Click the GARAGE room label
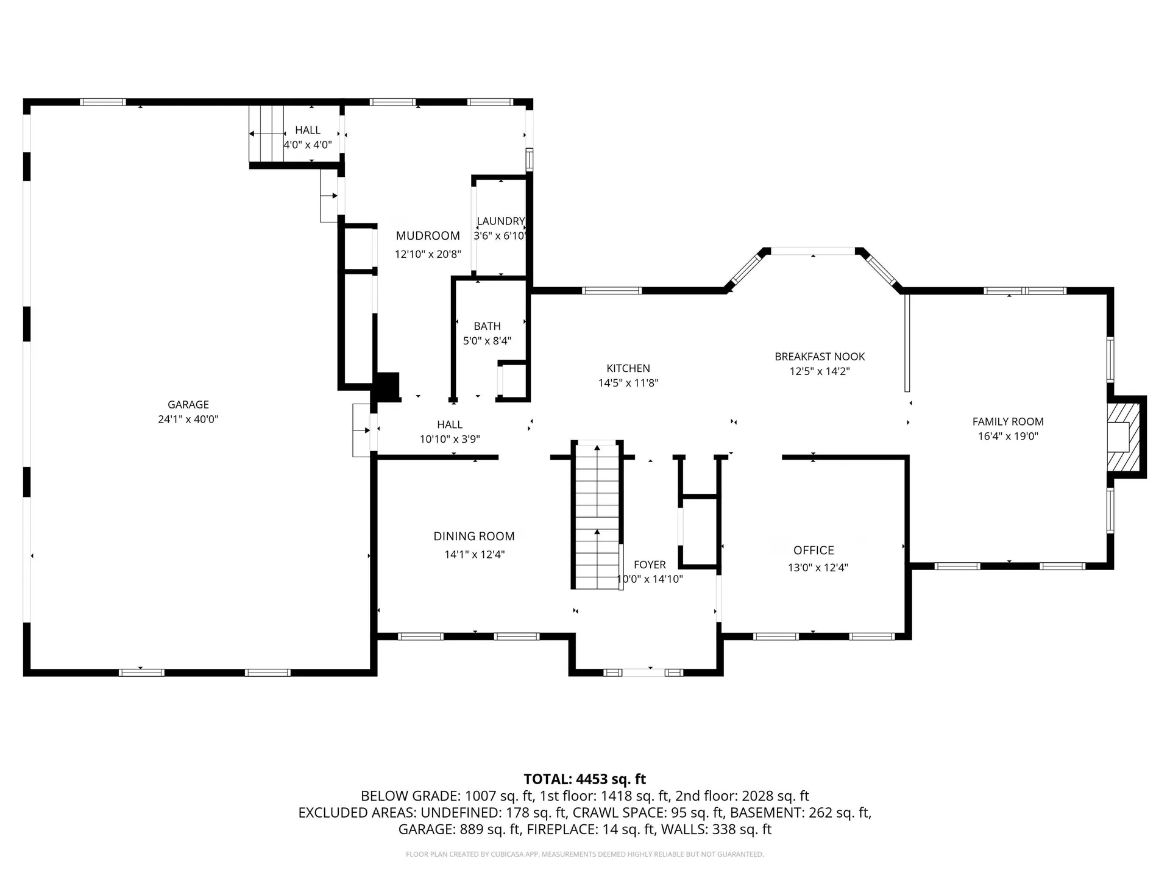pos(188,404)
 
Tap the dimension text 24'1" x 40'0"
pos(188,419)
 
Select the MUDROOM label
pos(428,236)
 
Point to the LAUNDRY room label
pos(500,221)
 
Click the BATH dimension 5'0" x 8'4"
pos(487,341)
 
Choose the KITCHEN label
pos(628,368)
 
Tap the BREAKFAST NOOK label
pos(820,357)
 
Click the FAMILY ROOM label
pos(1008,421)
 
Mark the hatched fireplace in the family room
pos(1125,437)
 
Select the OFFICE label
pos(814,550)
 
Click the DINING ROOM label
pos(474,537)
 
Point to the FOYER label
pos(650,565)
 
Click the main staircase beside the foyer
pos(597,515)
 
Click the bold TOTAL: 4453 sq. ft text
pos(584,779)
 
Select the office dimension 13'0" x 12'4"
pos(818,568)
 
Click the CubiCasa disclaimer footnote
pos(584,854)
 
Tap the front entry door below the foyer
pos(643,673)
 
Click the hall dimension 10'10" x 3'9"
pos(450,439)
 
